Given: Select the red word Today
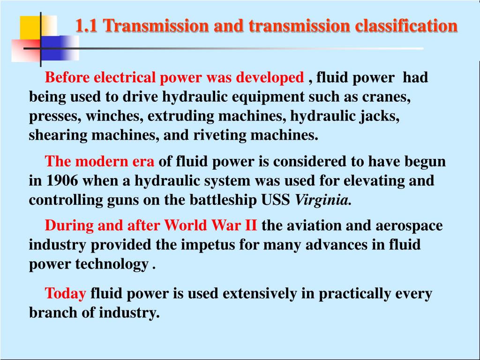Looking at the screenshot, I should [x=65, y=294].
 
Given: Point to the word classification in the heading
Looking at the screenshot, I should [x=406, y=26].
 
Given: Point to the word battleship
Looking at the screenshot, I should [x=224, y=200].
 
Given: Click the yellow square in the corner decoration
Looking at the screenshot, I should [x=31, y=27].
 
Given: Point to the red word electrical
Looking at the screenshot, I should [x=124, y=77].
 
